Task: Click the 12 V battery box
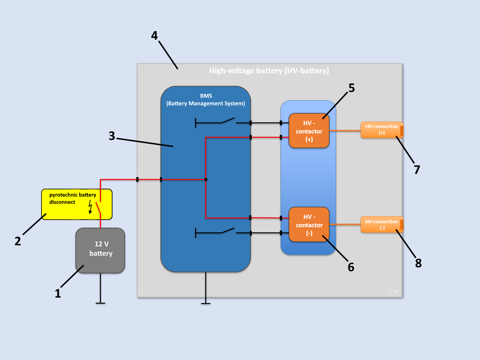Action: pos(100,250)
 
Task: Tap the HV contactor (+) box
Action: pos(309,131)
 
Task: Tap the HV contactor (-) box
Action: pos(309,225)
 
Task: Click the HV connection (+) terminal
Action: pos(382,130)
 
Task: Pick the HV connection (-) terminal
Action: pos(382,225)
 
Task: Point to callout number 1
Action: pos(58,294)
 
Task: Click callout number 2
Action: pos(18,241)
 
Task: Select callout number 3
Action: pos(112,136)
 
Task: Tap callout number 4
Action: pos(154,36)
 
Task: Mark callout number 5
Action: pos(352,88)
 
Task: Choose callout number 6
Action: pos(351,267)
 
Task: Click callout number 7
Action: pos(417,170)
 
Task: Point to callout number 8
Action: pos(418,263)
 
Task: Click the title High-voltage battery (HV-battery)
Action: pos(269,71)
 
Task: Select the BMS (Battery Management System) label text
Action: pos(206,100)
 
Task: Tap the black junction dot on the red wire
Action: pos(206,179)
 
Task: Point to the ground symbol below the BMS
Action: pos(206,303)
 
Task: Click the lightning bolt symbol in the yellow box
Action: pos(90,207)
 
